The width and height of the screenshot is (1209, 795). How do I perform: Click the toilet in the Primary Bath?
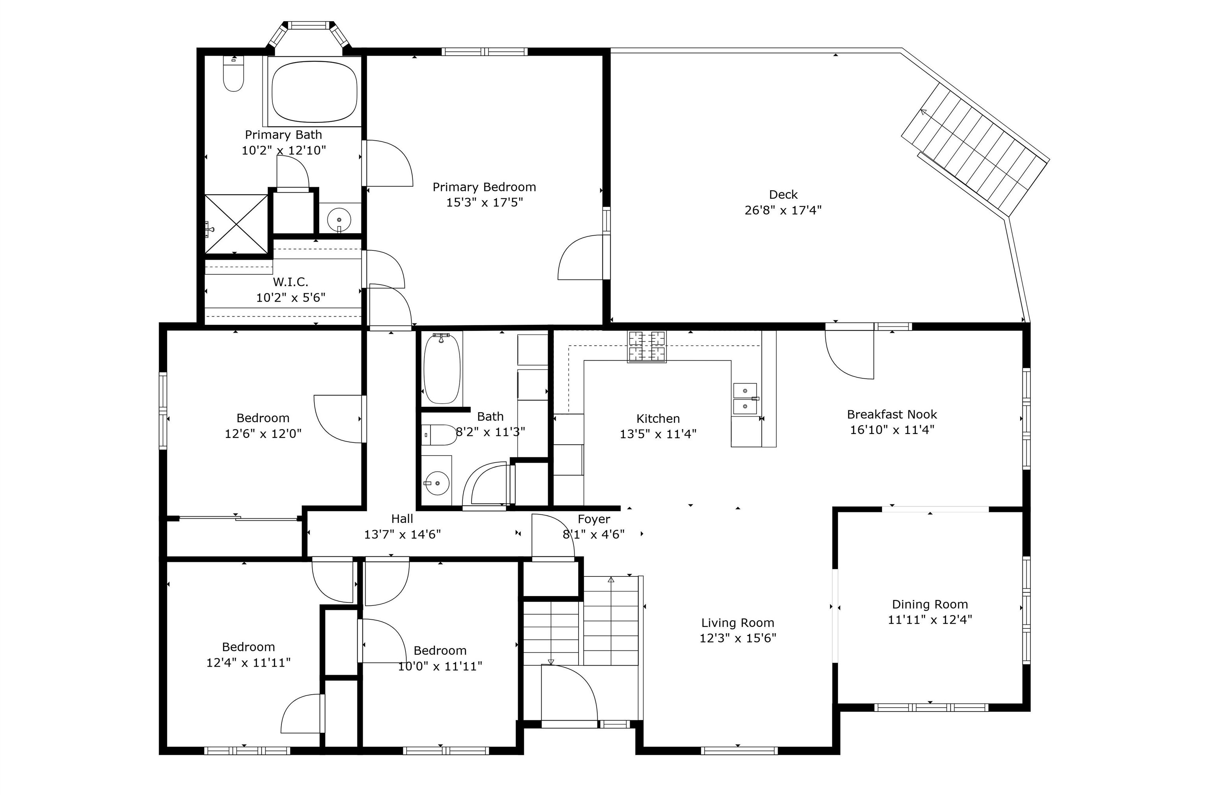[x=234, y=75]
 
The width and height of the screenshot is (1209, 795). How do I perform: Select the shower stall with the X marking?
[x=236, y=224]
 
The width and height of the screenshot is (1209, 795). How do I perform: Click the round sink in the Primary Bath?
[x=339, y=220]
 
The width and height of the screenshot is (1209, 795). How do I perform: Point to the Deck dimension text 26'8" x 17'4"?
[x=783, y=210]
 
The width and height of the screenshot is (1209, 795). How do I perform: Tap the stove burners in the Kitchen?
[x=647, y=346]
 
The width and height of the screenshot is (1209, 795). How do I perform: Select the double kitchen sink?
[x=745, y=399]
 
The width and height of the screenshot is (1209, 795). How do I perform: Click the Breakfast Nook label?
[x=891, y=414]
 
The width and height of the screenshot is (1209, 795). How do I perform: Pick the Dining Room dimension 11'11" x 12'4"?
[x=930, y=620]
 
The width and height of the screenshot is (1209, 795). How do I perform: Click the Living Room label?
[x=738, y=623]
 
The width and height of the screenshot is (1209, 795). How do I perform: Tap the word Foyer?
[x=594, y=519]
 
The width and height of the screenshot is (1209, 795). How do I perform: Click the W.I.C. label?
[x=290, y=282]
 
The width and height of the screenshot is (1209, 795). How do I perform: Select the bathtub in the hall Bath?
[x=442, y=369]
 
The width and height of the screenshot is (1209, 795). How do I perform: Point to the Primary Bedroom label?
[x=484, y=187]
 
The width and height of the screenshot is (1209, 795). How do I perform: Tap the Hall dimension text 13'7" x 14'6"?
[x=402, y=534]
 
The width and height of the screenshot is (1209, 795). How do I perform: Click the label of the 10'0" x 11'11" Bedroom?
[x=440, y=650]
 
